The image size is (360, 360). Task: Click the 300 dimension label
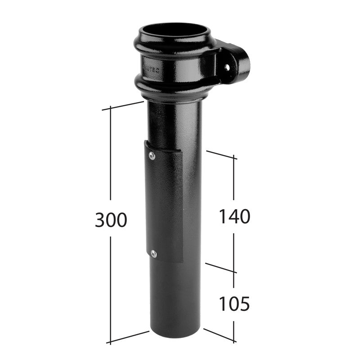point(111,220)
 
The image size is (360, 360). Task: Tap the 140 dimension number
point(234,216)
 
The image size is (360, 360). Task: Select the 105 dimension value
point(234,305)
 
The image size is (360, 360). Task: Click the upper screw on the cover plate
point(152,155)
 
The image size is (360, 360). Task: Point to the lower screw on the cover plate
point(154,254)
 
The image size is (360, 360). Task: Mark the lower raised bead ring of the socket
point(173,90)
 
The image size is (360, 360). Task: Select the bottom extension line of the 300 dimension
point(128,337)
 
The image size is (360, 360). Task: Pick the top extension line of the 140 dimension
point(221,154)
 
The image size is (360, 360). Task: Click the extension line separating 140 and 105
point(220,268)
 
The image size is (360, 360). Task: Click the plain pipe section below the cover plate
point(175,301)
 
